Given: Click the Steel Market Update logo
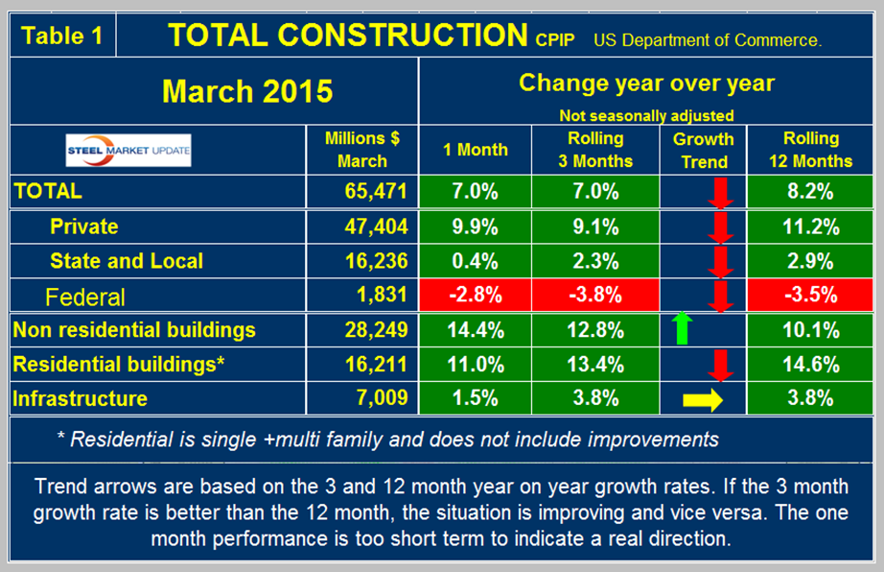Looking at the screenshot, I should (128, 150).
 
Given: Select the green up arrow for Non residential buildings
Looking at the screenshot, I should (682, 329).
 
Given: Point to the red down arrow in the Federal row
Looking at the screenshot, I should (722, 295).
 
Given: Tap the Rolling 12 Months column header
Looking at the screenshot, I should (810, 150).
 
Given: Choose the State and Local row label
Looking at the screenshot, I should (127, 260).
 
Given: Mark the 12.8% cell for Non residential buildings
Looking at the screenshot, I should (589, 330).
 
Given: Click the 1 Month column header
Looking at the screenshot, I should (476, 150).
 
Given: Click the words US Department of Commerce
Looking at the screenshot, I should (708, 40).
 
